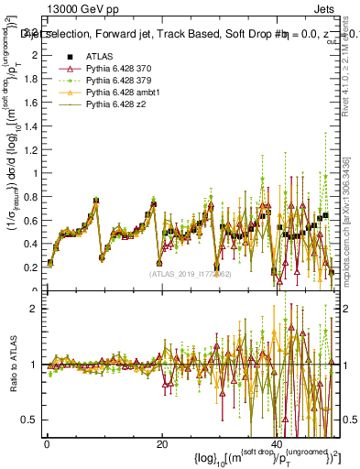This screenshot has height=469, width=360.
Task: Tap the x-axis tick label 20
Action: [160, 445]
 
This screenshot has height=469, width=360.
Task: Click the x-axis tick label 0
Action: [47, 445]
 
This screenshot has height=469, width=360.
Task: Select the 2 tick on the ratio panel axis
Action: [33, 309]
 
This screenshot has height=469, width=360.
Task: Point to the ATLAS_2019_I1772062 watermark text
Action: [191, 273]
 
